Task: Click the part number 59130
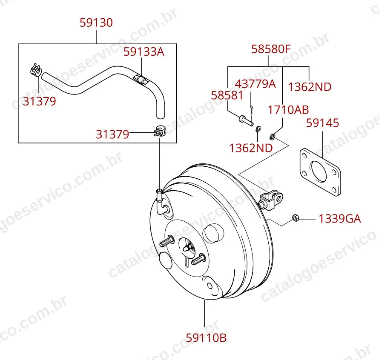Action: coord(96,23)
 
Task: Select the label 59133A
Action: coord(144,52)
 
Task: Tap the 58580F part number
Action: coord(271,49)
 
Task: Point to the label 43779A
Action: coord(255,84)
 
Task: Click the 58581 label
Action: coord(227,95)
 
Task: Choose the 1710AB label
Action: coord(288,110)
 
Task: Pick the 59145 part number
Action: coord(322,123)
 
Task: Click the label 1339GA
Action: coord(340,219)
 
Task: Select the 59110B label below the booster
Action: coord(206,337)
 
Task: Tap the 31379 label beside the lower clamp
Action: coord(112,134)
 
